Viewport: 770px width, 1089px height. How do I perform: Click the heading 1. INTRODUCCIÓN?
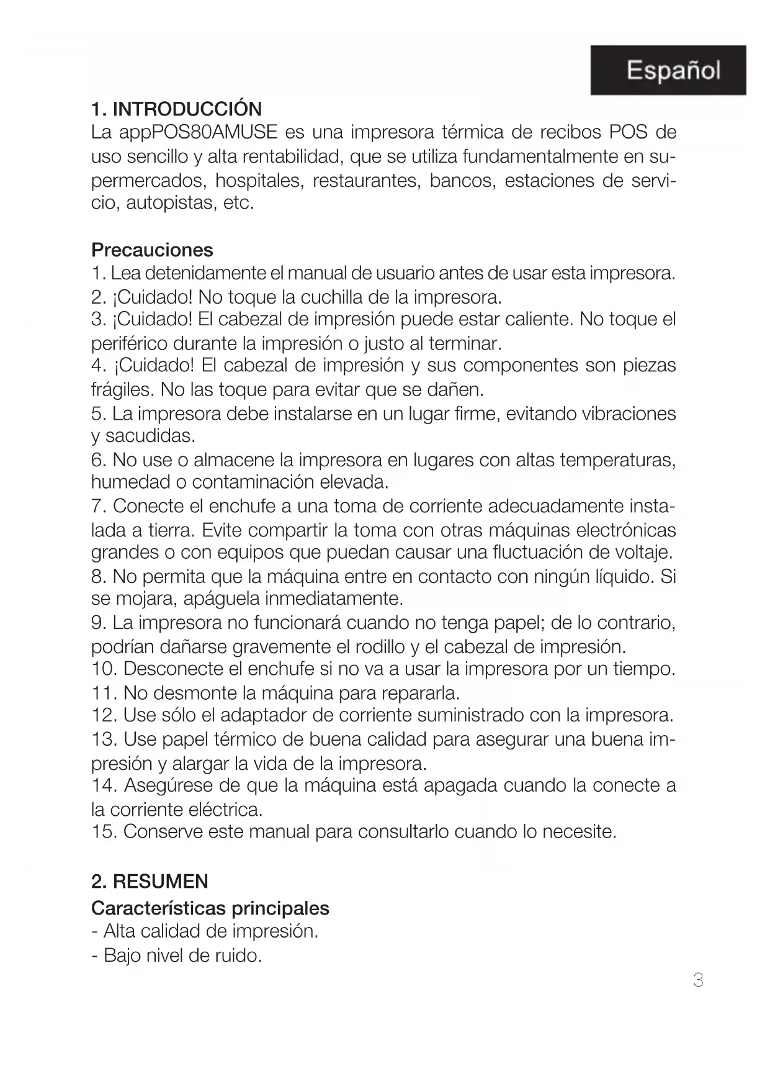[x=176, y=109]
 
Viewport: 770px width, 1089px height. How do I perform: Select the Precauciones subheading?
[x=152, y=250]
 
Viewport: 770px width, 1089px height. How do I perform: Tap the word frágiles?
[x=122, y=390]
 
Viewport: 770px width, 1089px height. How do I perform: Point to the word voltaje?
[x=642, y=552]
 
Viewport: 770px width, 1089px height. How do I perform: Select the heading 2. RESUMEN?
[x=150, y=882]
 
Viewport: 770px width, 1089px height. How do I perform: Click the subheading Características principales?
[x=210, y=908]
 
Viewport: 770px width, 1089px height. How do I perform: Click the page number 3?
[x=698, y=980]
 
